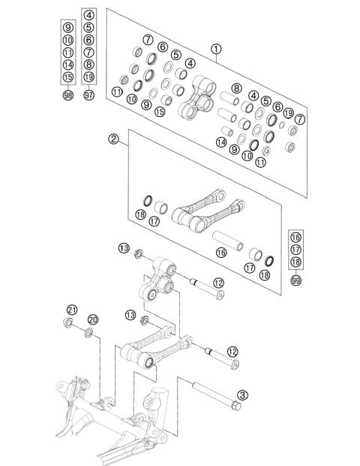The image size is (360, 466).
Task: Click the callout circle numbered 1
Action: [217, 49]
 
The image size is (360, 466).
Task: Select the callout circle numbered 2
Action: [114, 139]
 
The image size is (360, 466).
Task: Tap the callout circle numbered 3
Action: [242, 394]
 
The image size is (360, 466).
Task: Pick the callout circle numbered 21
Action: [72, 310]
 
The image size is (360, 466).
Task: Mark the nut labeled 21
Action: [69, 324]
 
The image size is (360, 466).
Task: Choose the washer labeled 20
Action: [90, 333]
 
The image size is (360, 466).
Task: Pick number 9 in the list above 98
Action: [68, 28]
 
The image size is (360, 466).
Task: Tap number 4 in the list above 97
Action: [89, 15]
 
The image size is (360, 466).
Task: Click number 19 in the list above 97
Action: [89, 76]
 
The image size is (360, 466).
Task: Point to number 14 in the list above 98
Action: [68, 64]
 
